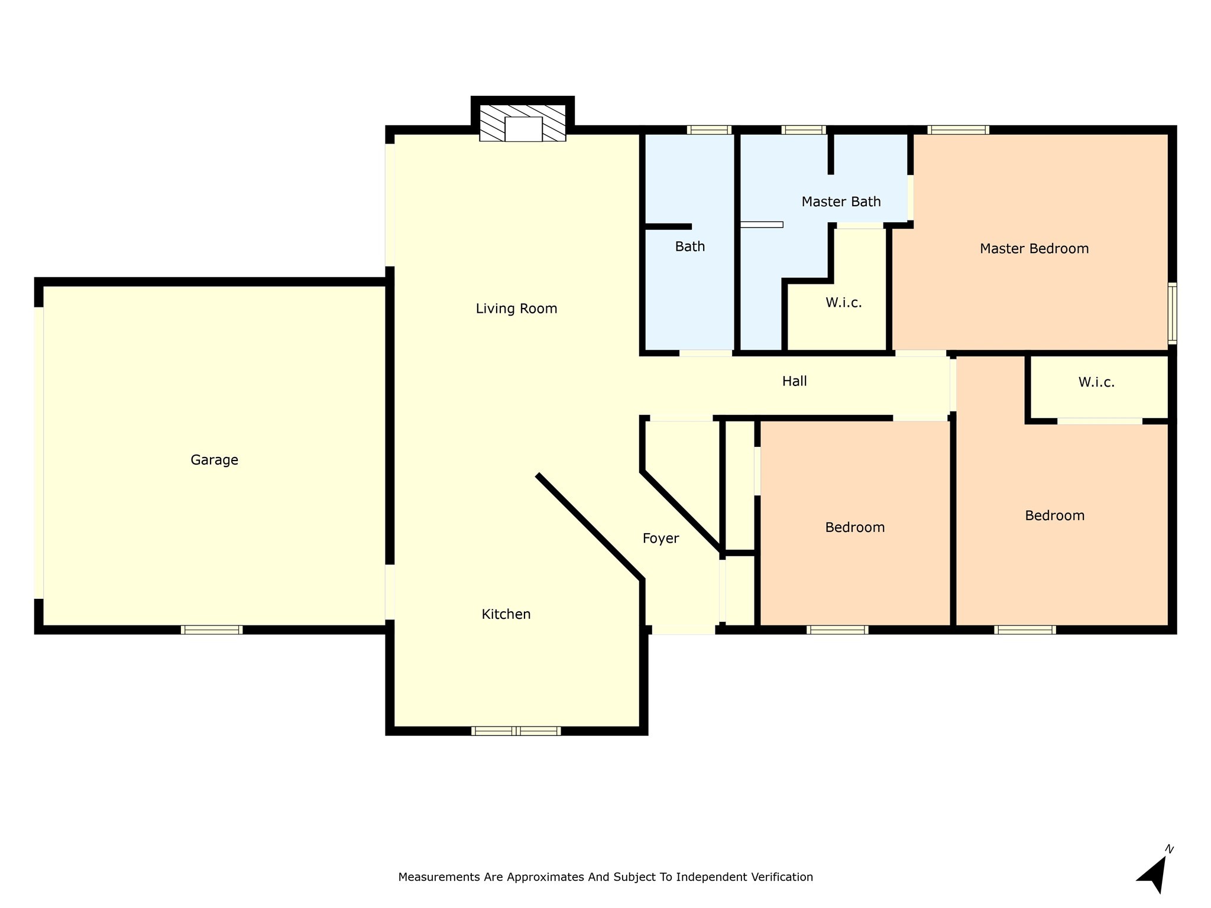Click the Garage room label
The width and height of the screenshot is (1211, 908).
(x=214, y=460)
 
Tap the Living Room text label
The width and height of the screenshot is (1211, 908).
(x=516, y=309)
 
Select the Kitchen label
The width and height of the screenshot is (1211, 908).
(x=506, y=614)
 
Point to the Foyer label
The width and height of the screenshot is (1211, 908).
(x=660, y=539)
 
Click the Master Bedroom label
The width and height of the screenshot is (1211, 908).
(x=1034, y=249)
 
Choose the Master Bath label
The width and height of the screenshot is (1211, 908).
(x=841, y=202)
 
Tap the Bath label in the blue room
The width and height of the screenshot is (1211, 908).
(x=689, y=247)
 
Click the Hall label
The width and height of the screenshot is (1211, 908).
(x=794, y=381)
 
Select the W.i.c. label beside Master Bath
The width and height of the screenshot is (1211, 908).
(x=843, y=303)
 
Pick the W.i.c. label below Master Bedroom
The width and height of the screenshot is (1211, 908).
(x=1096, y=382)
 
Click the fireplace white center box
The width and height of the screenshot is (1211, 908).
(x=523, y=129)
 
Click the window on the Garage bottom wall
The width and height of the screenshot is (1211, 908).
(x=212, y=630)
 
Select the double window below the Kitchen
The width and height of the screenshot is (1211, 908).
(x=516, y=731)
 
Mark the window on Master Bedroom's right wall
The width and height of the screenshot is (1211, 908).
(x=1172, y=313)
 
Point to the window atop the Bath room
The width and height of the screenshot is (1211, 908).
(x=709, y=130)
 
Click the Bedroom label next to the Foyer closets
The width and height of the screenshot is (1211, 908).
(x=854, y=527)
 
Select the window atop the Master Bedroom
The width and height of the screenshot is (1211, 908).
(x=958, y=130)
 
